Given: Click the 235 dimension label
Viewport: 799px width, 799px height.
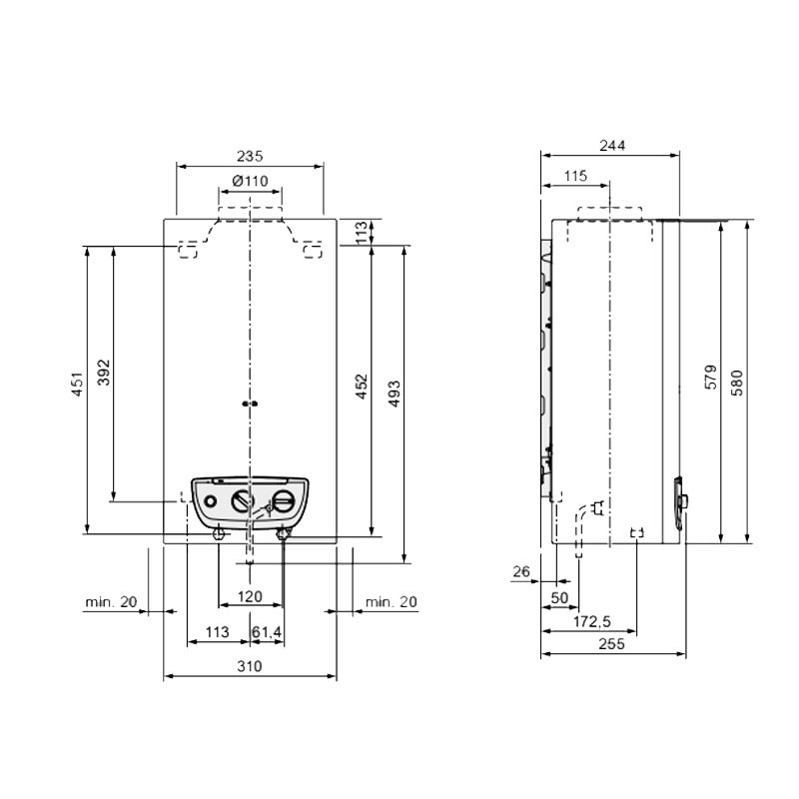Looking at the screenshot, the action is click(250, 156).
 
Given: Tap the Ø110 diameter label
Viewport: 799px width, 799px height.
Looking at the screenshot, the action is click(250, 181).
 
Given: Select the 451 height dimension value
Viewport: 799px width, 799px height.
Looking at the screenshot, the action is click(77, 385).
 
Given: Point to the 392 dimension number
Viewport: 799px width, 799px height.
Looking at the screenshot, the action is click(104, 373).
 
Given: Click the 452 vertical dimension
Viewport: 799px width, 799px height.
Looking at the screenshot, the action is click(362, 387).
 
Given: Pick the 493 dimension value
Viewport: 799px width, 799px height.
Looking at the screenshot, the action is click(395, 394).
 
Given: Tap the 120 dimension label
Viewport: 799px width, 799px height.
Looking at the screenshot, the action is click(250, 596).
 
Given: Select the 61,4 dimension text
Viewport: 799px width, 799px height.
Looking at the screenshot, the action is click(267, 632).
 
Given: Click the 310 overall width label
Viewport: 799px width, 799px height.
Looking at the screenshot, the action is click(250, 666).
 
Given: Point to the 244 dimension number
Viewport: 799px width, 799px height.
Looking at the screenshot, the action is click(612, 146).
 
